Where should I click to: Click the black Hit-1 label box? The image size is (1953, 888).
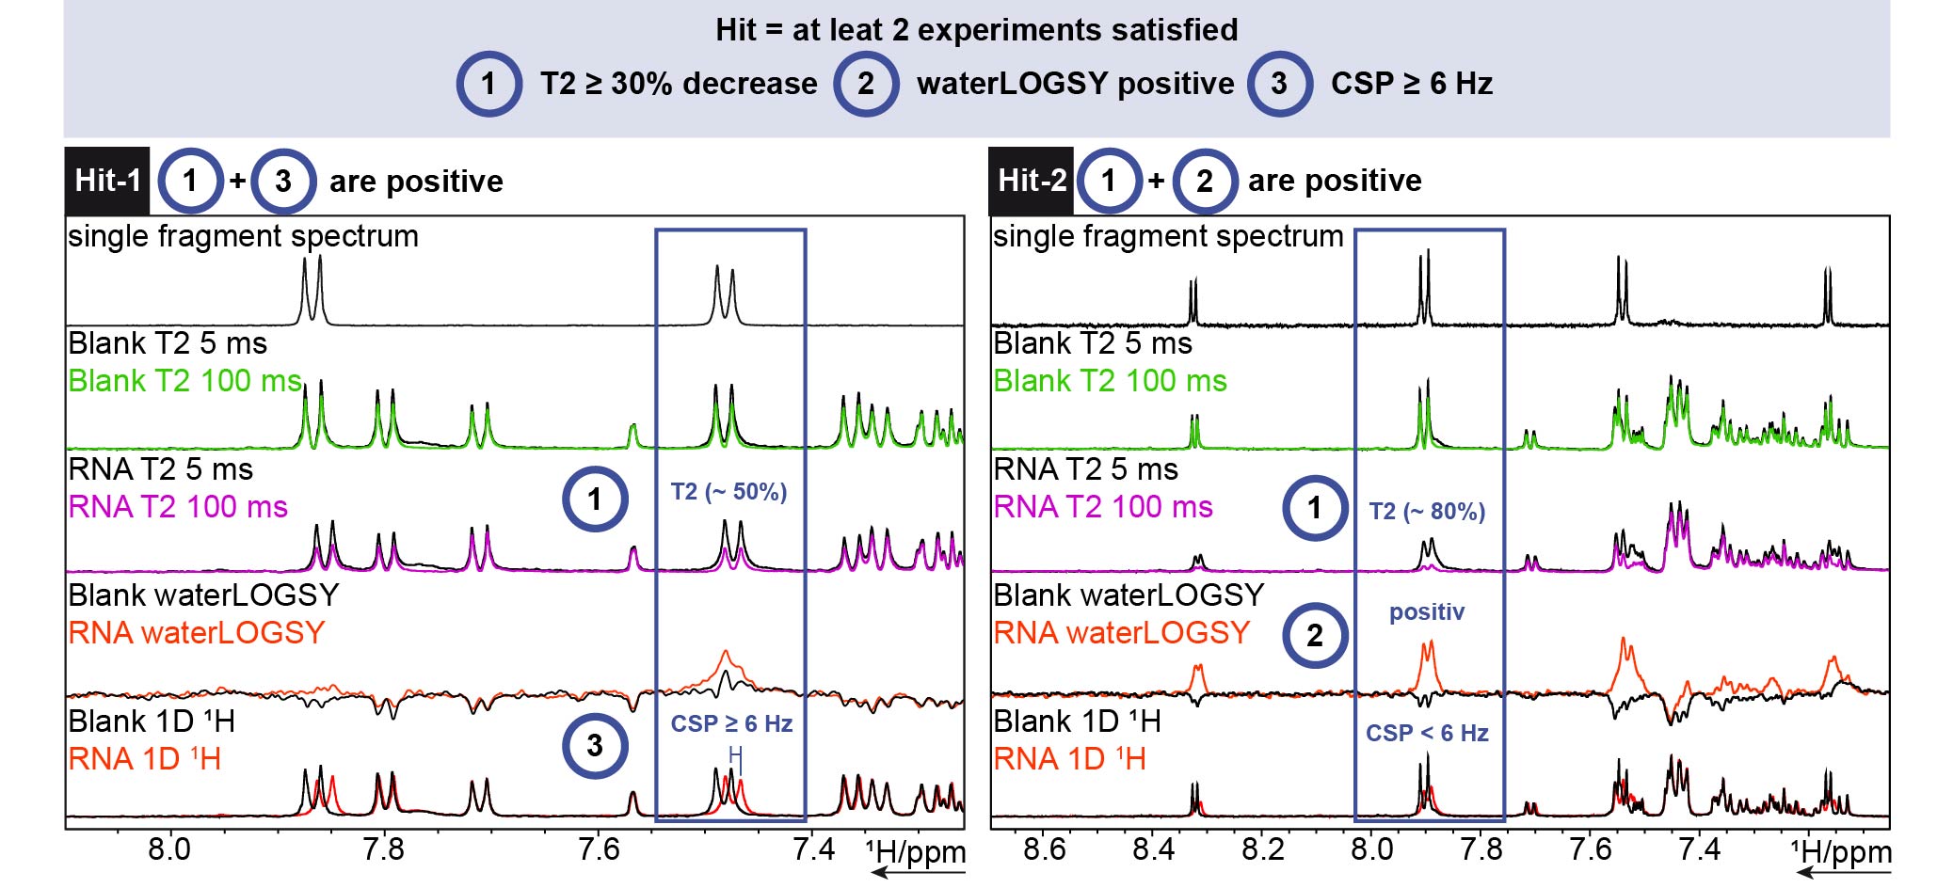click(107, 181)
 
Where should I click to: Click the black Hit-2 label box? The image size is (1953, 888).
click(1032, 181)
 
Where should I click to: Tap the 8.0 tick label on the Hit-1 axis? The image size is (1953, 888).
click(169, 849)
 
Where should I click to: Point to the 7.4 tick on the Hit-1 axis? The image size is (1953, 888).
click(814, 849)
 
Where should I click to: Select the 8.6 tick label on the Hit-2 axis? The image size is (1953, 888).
click(1044, 849)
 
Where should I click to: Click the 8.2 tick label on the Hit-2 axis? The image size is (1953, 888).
click(1262, 849)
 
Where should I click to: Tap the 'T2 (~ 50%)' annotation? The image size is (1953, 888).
click(728, 492)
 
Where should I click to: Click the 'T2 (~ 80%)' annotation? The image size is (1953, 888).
click(1427, 512)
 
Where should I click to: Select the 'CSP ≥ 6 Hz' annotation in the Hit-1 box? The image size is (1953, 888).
click(731, 723)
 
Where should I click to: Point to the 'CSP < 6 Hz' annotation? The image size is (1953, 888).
click(1427, 733)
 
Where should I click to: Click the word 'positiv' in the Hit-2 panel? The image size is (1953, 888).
click(1427, 612)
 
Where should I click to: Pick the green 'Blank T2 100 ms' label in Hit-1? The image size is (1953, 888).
click(185, 381)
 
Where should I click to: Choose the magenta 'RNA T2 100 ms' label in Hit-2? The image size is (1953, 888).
click(1103, 507)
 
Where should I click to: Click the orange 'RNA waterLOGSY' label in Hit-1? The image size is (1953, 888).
click(197, 632)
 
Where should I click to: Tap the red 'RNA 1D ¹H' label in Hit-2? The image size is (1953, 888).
click(1070, 758)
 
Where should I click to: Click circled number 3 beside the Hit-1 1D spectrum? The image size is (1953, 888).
click(595, 746)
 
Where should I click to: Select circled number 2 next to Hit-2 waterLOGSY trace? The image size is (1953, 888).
click(1315, 636)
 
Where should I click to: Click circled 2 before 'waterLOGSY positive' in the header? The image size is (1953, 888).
click(866, 84)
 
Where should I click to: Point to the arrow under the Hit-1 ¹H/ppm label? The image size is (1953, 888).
click(918, 872)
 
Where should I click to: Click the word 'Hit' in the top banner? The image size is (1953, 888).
click(736, 30)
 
